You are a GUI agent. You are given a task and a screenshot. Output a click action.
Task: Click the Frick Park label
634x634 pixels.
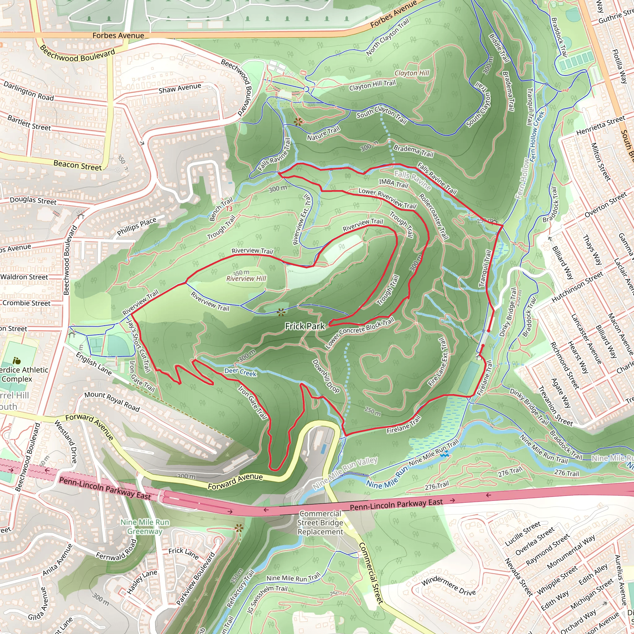(305, 326)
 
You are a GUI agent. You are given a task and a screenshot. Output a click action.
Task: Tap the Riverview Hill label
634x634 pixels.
(246, 279)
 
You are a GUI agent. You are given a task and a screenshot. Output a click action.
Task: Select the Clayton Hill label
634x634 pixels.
(412, 73)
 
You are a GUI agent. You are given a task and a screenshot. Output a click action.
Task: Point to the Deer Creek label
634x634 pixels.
(240, 372)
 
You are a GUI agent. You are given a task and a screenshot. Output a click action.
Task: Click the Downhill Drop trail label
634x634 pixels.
(326, 376)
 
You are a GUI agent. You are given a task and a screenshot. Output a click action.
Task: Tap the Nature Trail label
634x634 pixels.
(323, 133)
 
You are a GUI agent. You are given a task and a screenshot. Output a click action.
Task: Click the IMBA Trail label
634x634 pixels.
(393, 184)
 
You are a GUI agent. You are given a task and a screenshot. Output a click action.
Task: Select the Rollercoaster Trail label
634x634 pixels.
(433, 216)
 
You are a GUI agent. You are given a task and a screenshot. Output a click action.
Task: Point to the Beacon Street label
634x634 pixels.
(78, 165)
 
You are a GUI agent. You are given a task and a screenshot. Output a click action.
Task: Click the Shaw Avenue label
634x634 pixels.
(180, 88)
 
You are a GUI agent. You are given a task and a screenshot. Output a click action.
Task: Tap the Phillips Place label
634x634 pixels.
(137, 227)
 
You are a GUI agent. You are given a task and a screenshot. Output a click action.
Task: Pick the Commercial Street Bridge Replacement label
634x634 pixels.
(320, 523)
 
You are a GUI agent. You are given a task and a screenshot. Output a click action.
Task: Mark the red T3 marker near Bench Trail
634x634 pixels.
(229, 209)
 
